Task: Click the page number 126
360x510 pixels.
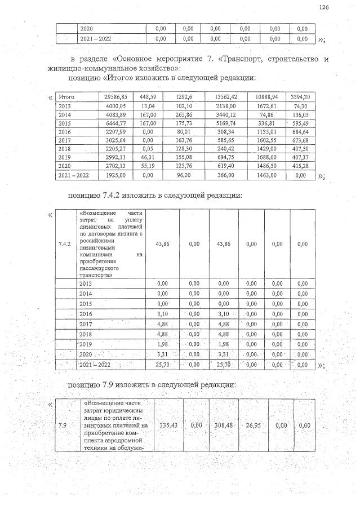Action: coord(323,7)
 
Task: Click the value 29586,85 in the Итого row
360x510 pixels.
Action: coord(116,97)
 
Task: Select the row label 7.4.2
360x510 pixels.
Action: coord(64,244)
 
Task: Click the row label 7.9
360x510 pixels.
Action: coord(64,425)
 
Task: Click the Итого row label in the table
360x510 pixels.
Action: coord(66,97)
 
